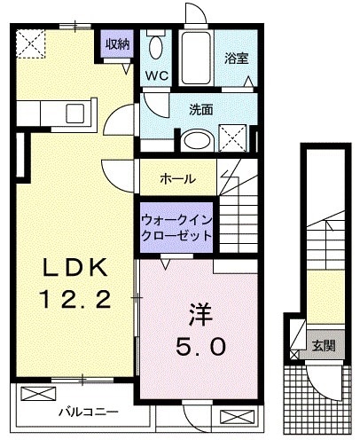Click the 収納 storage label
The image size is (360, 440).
tap(118, 43)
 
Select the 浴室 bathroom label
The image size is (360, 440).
tap(236, 59)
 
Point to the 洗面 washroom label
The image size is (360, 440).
tap(200, 110)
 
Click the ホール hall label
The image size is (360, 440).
tap(178, 178)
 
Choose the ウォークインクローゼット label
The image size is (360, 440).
tap(177, 227)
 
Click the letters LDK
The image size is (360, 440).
tap(75, 266)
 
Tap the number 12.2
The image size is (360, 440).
tap(75, 300)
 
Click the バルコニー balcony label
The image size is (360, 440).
tap(89, 411)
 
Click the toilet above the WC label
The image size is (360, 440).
tap(157, 47)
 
